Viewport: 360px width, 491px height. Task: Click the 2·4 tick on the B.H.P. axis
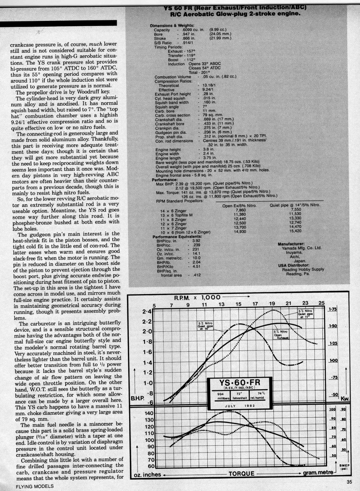147,311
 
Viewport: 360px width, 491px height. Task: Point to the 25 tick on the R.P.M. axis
321,303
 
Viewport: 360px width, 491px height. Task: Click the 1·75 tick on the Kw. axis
333,309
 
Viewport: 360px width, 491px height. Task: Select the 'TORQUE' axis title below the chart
241,474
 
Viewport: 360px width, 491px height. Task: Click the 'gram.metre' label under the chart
319,472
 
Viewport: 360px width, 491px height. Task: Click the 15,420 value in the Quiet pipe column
295,231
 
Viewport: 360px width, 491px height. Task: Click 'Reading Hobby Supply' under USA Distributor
303,269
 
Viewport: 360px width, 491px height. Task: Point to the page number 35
349,483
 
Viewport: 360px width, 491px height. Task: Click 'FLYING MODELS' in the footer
35,486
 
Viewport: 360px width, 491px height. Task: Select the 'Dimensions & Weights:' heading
172,26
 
